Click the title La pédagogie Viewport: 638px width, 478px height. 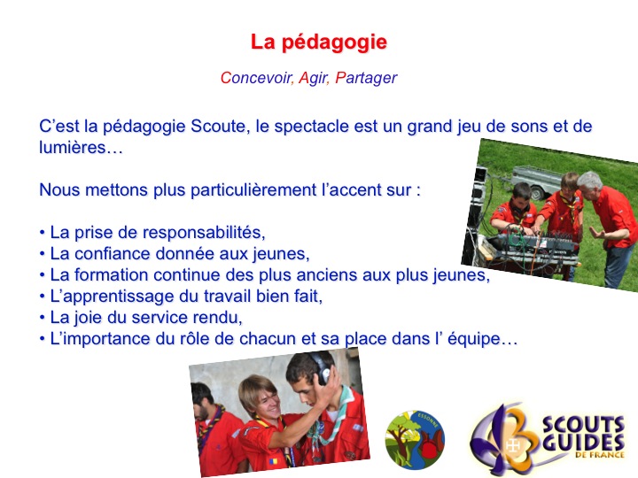coord(319,42)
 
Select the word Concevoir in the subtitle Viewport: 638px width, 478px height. coord(255,78)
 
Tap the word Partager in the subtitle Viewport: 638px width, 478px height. coord(366,78)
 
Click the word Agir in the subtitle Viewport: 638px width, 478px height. coord(313,78)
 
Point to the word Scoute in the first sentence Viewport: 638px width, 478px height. coord(218,126)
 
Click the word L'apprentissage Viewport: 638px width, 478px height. coord(114,297)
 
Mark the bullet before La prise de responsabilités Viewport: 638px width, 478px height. coord(42,233)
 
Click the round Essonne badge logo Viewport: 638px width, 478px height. coord(415,440)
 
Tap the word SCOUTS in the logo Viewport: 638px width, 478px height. coord(583,425)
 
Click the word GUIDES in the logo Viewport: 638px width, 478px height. coord(583,443)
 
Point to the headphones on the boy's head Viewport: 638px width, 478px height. coord(320,366)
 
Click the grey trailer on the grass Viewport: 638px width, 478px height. coord(536,181)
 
